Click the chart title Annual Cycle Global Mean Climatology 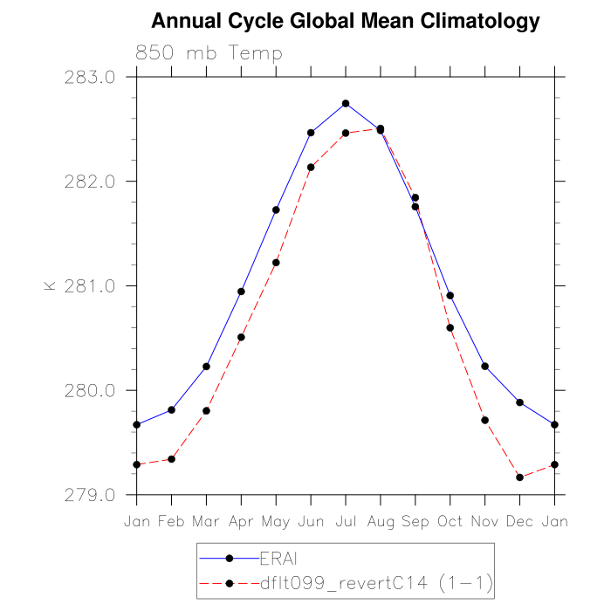346,21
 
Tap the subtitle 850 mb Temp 209,53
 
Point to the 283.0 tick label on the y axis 91,77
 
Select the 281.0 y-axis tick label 91,285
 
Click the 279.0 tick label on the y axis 91,495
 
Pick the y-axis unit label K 50,285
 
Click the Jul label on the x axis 346,521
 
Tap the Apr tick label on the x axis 241,521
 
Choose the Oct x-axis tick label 450,521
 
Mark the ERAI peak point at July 346,104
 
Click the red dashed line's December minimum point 520,477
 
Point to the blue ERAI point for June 311,133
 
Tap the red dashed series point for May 276,263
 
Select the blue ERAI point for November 485,367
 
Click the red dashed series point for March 206,410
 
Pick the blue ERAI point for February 171,409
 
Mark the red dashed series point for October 450,327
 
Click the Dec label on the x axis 520,521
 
